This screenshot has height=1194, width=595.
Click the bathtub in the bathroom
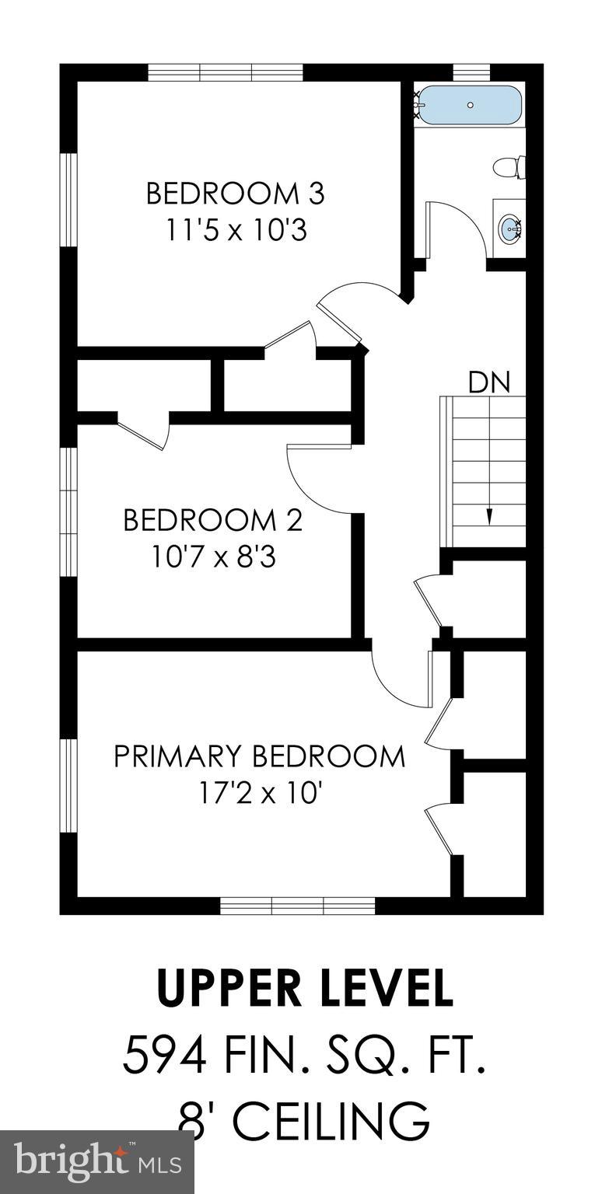point(469,104)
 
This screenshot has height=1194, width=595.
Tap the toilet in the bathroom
point(511,166)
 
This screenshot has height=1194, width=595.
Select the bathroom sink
point(510,228)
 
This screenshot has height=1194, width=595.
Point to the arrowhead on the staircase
point(489,516)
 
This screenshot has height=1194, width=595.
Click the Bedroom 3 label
point(235,193)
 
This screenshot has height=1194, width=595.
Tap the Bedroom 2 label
point(212,519)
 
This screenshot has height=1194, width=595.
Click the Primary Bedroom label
point(260,756)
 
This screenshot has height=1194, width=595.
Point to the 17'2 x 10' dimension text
point(260,794)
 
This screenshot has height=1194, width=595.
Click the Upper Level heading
point(304,988)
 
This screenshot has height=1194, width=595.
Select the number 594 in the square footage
point(165,1056)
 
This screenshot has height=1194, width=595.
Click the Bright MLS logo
point(97,1162)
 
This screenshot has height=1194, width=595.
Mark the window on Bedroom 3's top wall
point(226,72)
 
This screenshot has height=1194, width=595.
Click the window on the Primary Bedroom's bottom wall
point(297,906)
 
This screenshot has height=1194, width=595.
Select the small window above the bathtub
point(471,72)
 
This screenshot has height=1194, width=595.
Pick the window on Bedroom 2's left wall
point(69,512)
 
